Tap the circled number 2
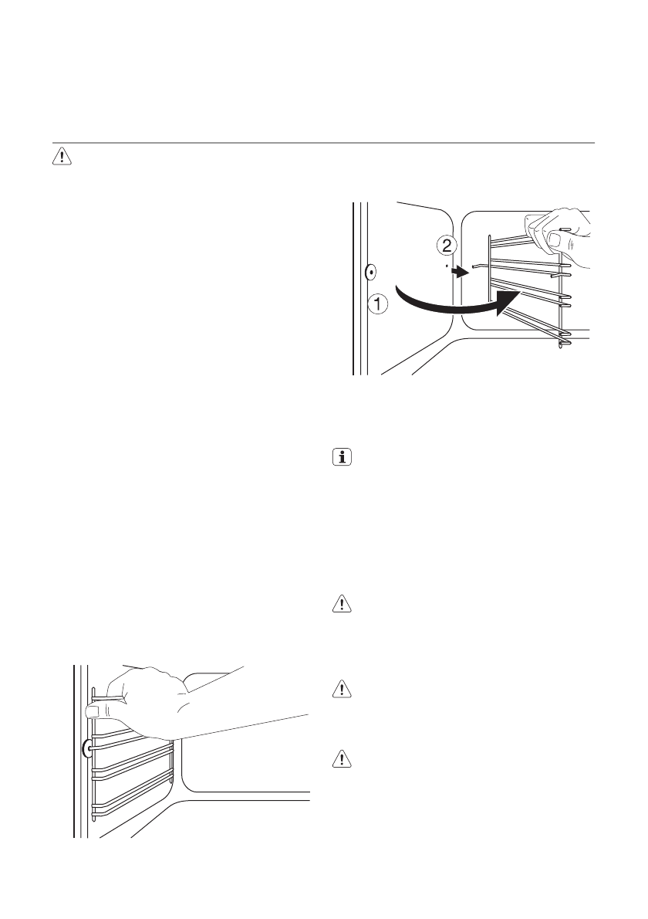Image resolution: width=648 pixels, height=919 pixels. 446,246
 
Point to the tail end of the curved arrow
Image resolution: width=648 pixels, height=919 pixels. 397,290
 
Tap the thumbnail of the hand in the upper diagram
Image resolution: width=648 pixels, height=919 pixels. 552,240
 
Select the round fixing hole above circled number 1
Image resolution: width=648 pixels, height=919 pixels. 370,271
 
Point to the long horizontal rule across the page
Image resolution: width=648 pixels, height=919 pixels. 324,143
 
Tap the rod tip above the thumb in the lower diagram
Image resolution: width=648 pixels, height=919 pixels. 93,690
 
